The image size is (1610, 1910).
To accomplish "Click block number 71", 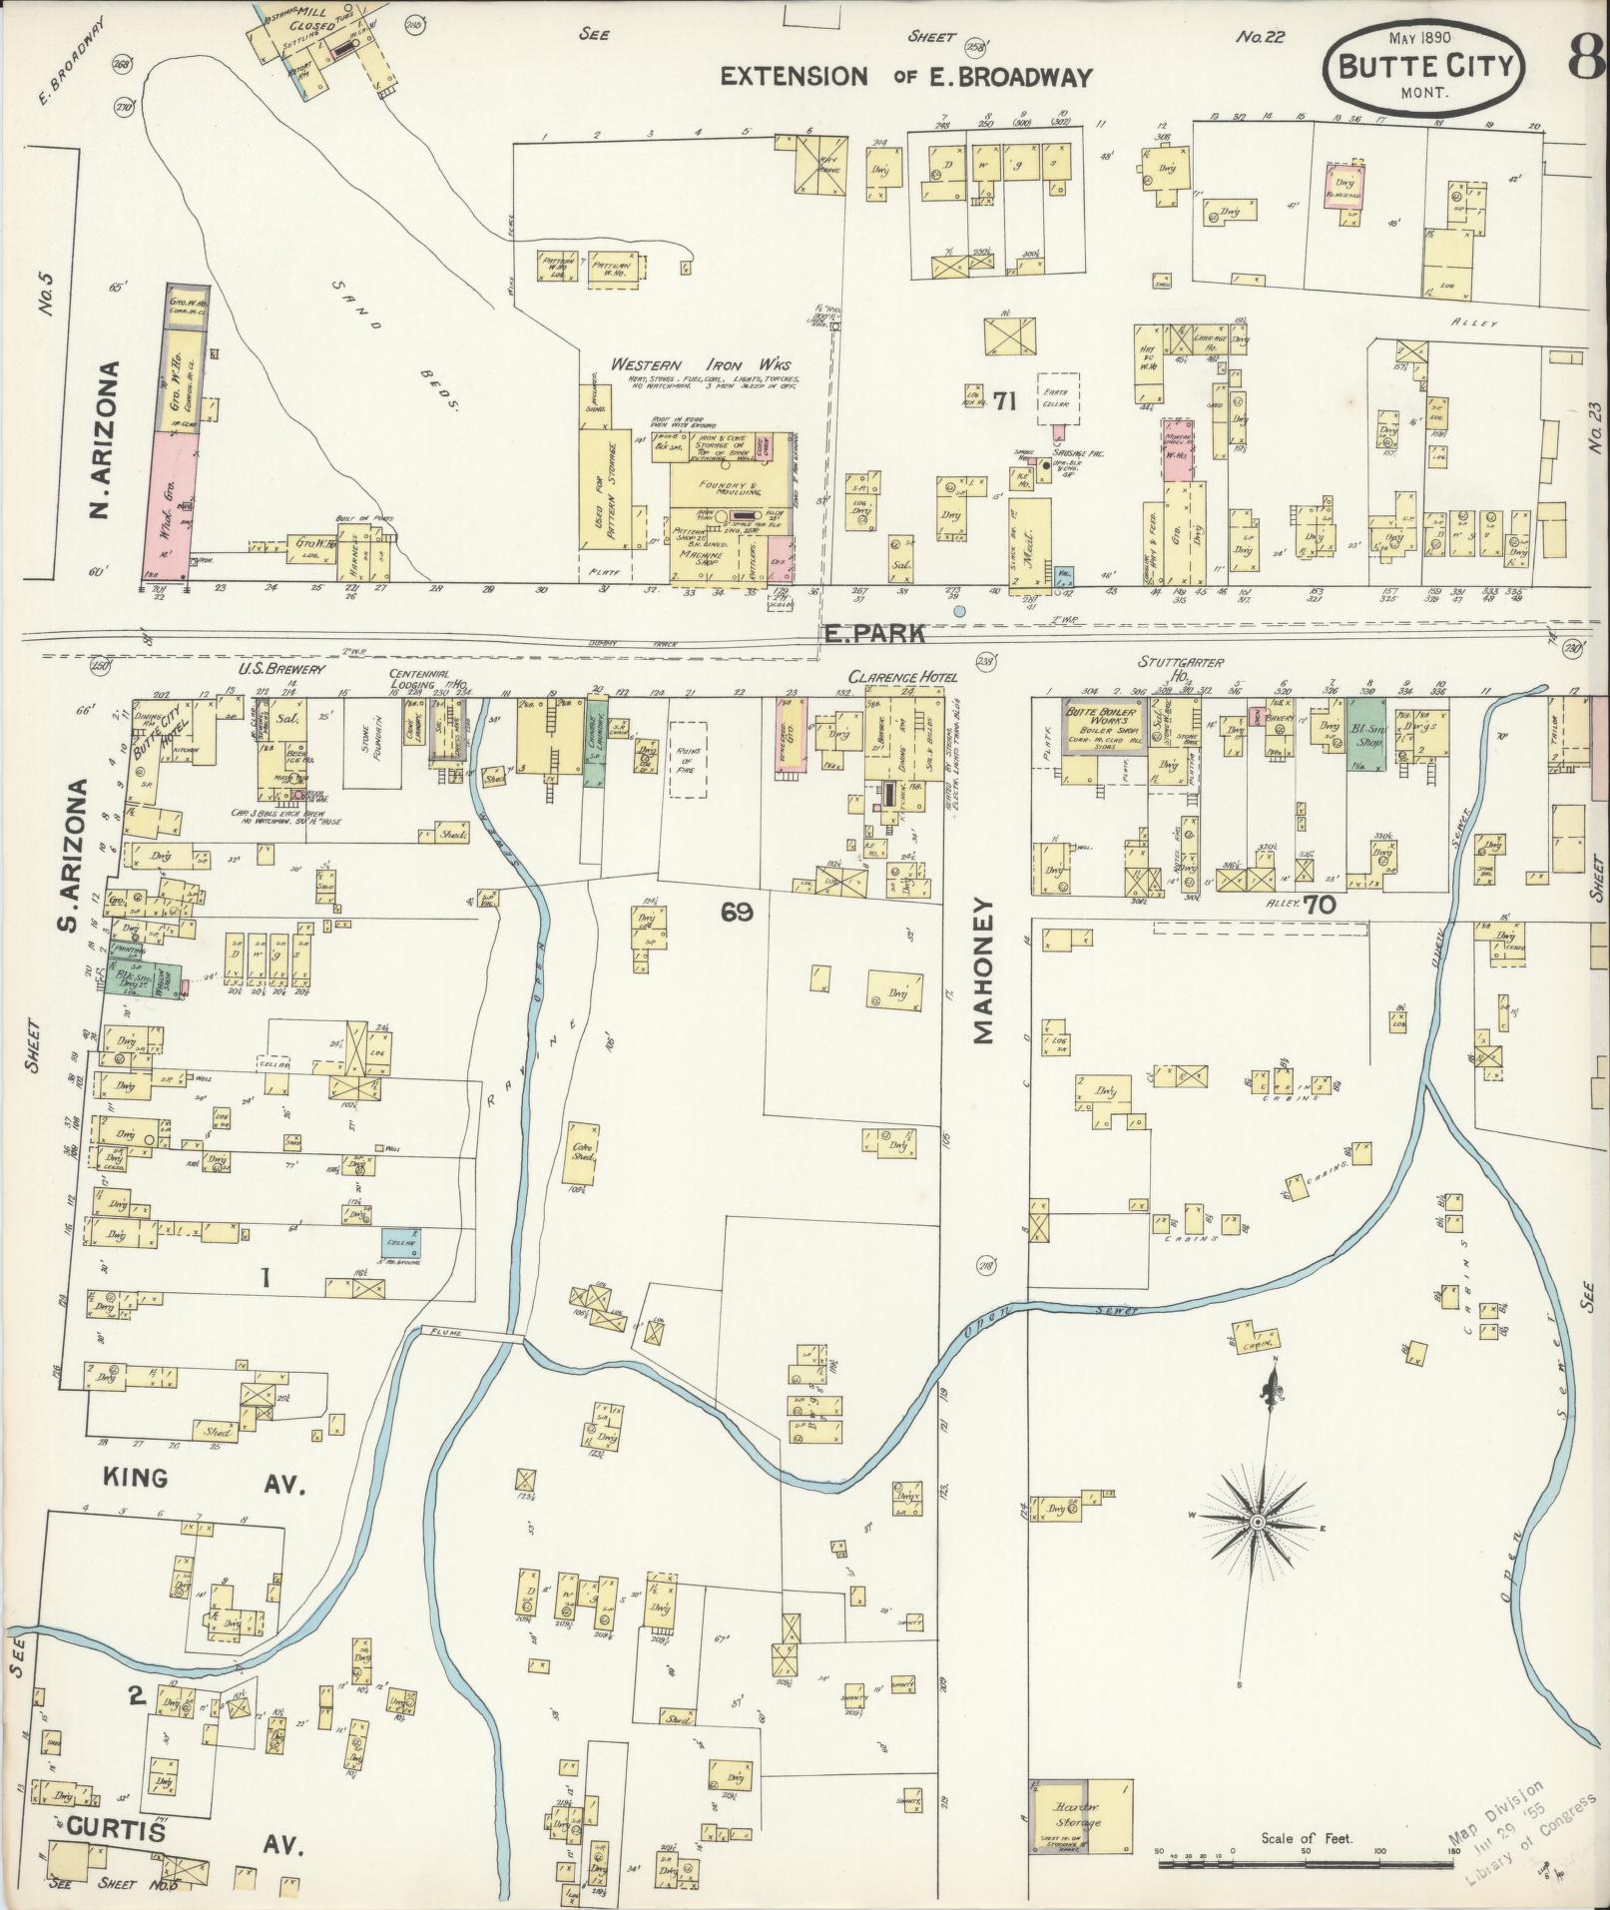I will pyautogui.click(x=1003, y=402).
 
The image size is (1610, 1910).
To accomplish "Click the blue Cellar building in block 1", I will pyautogui.click(x=400, y=1243).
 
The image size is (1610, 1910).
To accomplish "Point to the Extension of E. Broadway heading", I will pyautogui.click(x=907, y=77).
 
